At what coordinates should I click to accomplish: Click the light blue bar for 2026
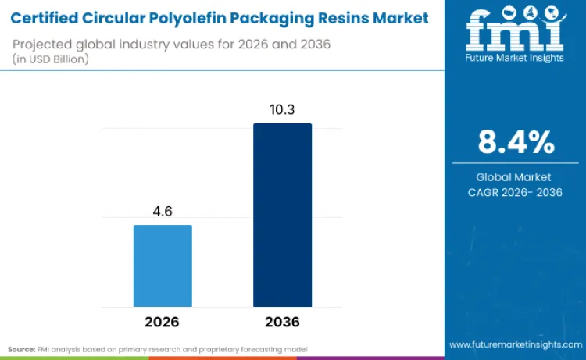point(163,266)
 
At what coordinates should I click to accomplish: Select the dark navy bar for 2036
point(282,215)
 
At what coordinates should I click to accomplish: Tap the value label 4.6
point(163,212)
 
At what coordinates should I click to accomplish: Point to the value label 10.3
point(282,110)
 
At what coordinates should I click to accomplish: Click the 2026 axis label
point(163,322)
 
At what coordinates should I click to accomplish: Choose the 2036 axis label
point(282,322)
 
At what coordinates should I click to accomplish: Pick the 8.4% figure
point(516,142)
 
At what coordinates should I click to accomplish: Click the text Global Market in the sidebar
point(515,177)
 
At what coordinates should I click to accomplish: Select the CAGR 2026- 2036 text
point(515,192)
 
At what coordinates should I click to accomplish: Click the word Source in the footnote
point(22,348)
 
